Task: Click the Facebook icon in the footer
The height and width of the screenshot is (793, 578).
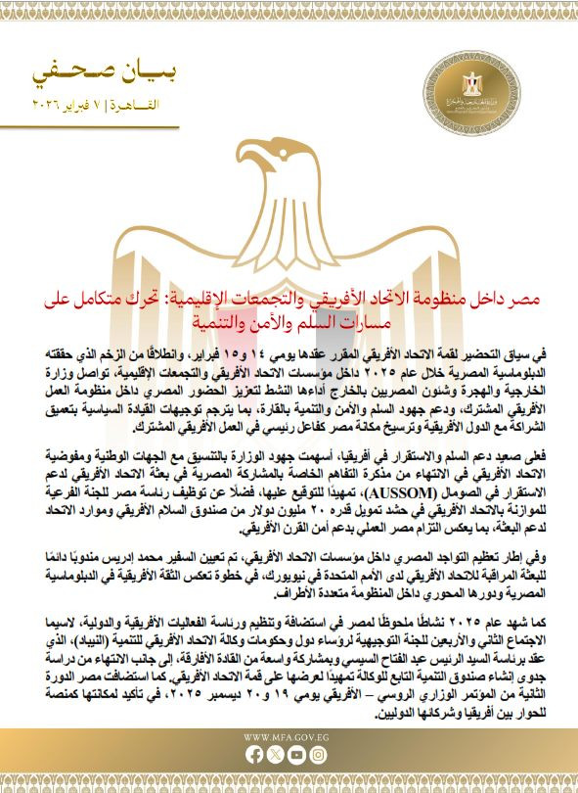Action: point(254,755)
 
